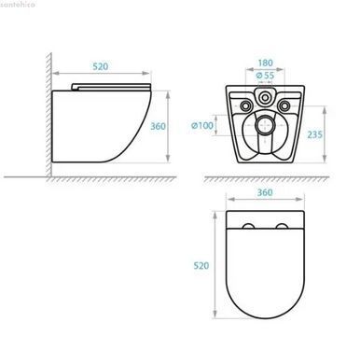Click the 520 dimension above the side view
tap(101, 66)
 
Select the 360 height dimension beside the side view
tap(158, 126)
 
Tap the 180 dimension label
tap(265, 63)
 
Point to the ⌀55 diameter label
tap(265, 76)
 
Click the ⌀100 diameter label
tap(202, 126)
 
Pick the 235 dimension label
tap(314, 134)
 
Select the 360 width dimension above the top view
tap(265, 192)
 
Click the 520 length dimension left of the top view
tap(201, 266)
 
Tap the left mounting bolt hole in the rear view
tap(246, 105)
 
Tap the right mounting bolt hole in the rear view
tap(284, 105)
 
